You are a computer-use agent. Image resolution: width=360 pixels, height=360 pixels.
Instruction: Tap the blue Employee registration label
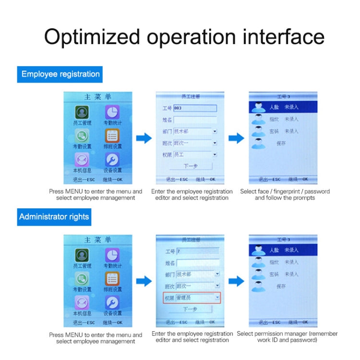pos(60,74)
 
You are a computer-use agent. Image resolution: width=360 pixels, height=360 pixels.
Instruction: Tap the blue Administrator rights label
pos(54,217)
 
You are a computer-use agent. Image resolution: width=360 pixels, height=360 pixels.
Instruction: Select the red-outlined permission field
pos(191,298)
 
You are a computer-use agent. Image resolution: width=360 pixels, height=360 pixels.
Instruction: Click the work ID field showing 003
pos(195,108)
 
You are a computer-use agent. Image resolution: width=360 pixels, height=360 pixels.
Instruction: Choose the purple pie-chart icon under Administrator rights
pos(112,254)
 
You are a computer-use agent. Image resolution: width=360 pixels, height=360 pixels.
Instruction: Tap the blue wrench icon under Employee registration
pos(112,160)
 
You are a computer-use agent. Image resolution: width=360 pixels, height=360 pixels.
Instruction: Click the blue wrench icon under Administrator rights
pos(112,302)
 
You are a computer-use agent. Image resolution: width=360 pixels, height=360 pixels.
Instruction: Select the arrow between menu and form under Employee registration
pos(144,138)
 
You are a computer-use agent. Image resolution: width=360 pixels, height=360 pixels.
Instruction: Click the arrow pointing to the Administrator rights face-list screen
pos(236,281)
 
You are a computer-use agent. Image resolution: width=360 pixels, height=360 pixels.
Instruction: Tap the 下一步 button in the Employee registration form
pos(191,166)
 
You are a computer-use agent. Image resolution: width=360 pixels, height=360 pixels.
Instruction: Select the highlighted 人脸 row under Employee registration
pos(283,108)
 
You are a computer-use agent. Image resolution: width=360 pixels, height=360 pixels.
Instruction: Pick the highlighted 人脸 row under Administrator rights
pos(283,250)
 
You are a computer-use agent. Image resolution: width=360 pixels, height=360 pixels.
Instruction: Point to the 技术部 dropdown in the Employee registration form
pos(195,131)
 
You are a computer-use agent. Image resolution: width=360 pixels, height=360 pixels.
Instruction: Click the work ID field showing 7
pos(197,251)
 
